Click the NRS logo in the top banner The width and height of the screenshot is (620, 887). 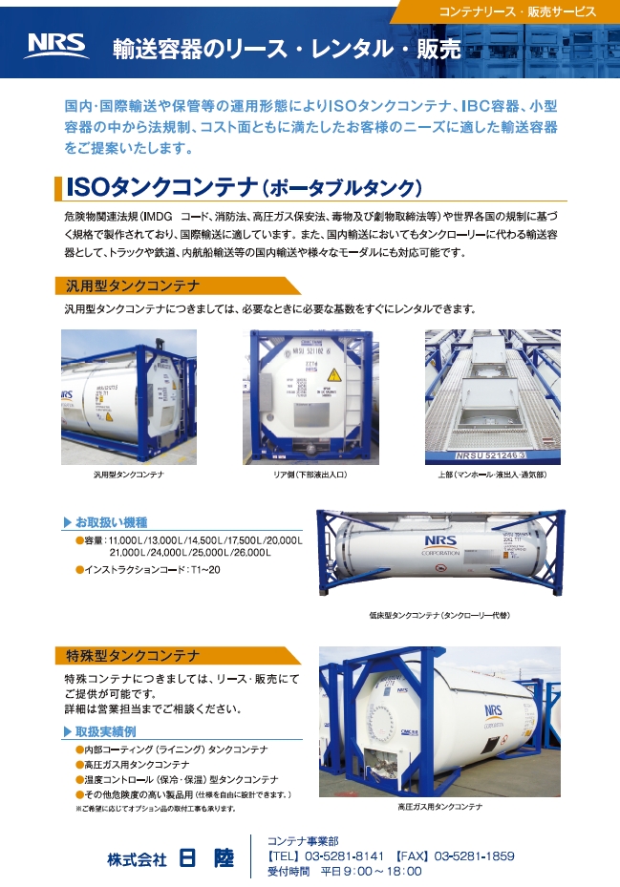point(57,45)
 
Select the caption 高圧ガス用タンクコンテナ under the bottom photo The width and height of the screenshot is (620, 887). point(439,807)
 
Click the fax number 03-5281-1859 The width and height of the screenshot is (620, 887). point(474,856)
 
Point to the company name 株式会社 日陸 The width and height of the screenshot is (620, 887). point(170,858)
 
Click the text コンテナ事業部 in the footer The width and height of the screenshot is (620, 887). point(302,841)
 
